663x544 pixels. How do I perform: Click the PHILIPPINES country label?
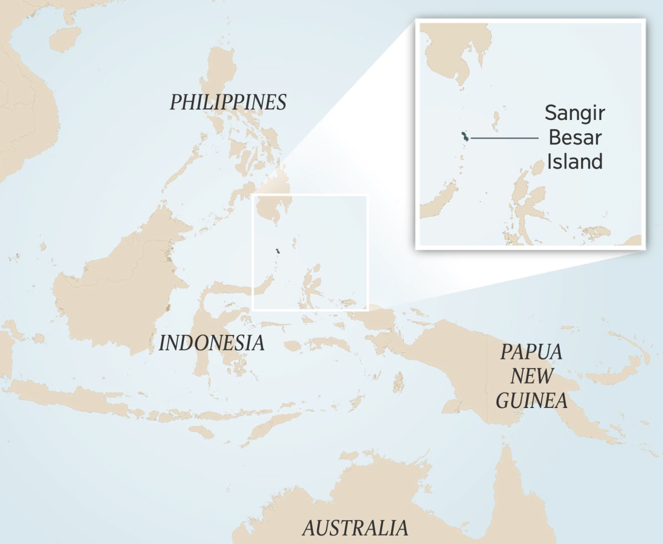[228, 102]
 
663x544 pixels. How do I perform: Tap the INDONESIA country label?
[212, 343]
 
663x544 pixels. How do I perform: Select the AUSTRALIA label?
[355, 528]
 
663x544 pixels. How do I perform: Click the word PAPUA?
[531, 352]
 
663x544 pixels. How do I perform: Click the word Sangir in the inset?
[575, 113]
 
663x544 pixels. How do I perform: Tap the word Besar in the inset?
[575, 137]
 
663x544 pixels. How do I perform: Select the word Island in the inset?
[575, 161]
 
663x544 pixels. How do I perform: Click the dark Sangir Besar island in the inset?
[465, 137]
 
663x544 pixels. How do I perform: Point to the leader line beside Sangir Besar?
[504, 137]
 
